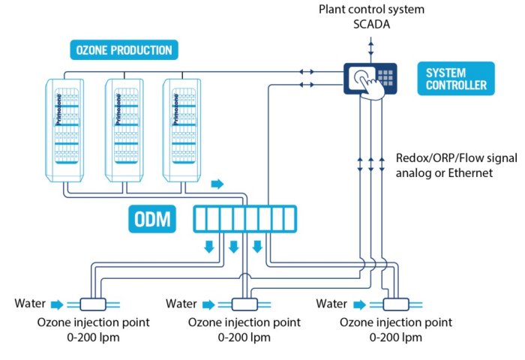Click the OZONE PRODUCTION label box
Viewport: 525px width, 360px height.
pyautogui.click(x=124, y=51)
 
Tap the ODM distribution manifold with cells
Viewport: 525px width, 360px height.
pyautogui.click(x=245, y=220)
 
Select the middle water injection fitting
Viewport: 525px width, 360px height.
pyautogui.click(x=244, y=304)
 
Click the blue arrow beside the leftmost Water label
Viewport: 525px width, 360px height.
pyautogui.click(x=57, y=304)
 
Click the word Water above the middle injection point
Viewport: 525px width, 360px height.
pyautogui.click(x=181, y=304)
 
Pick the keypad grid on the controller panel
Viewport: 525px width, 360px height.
pyautogui.click(x=387, y=76)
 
